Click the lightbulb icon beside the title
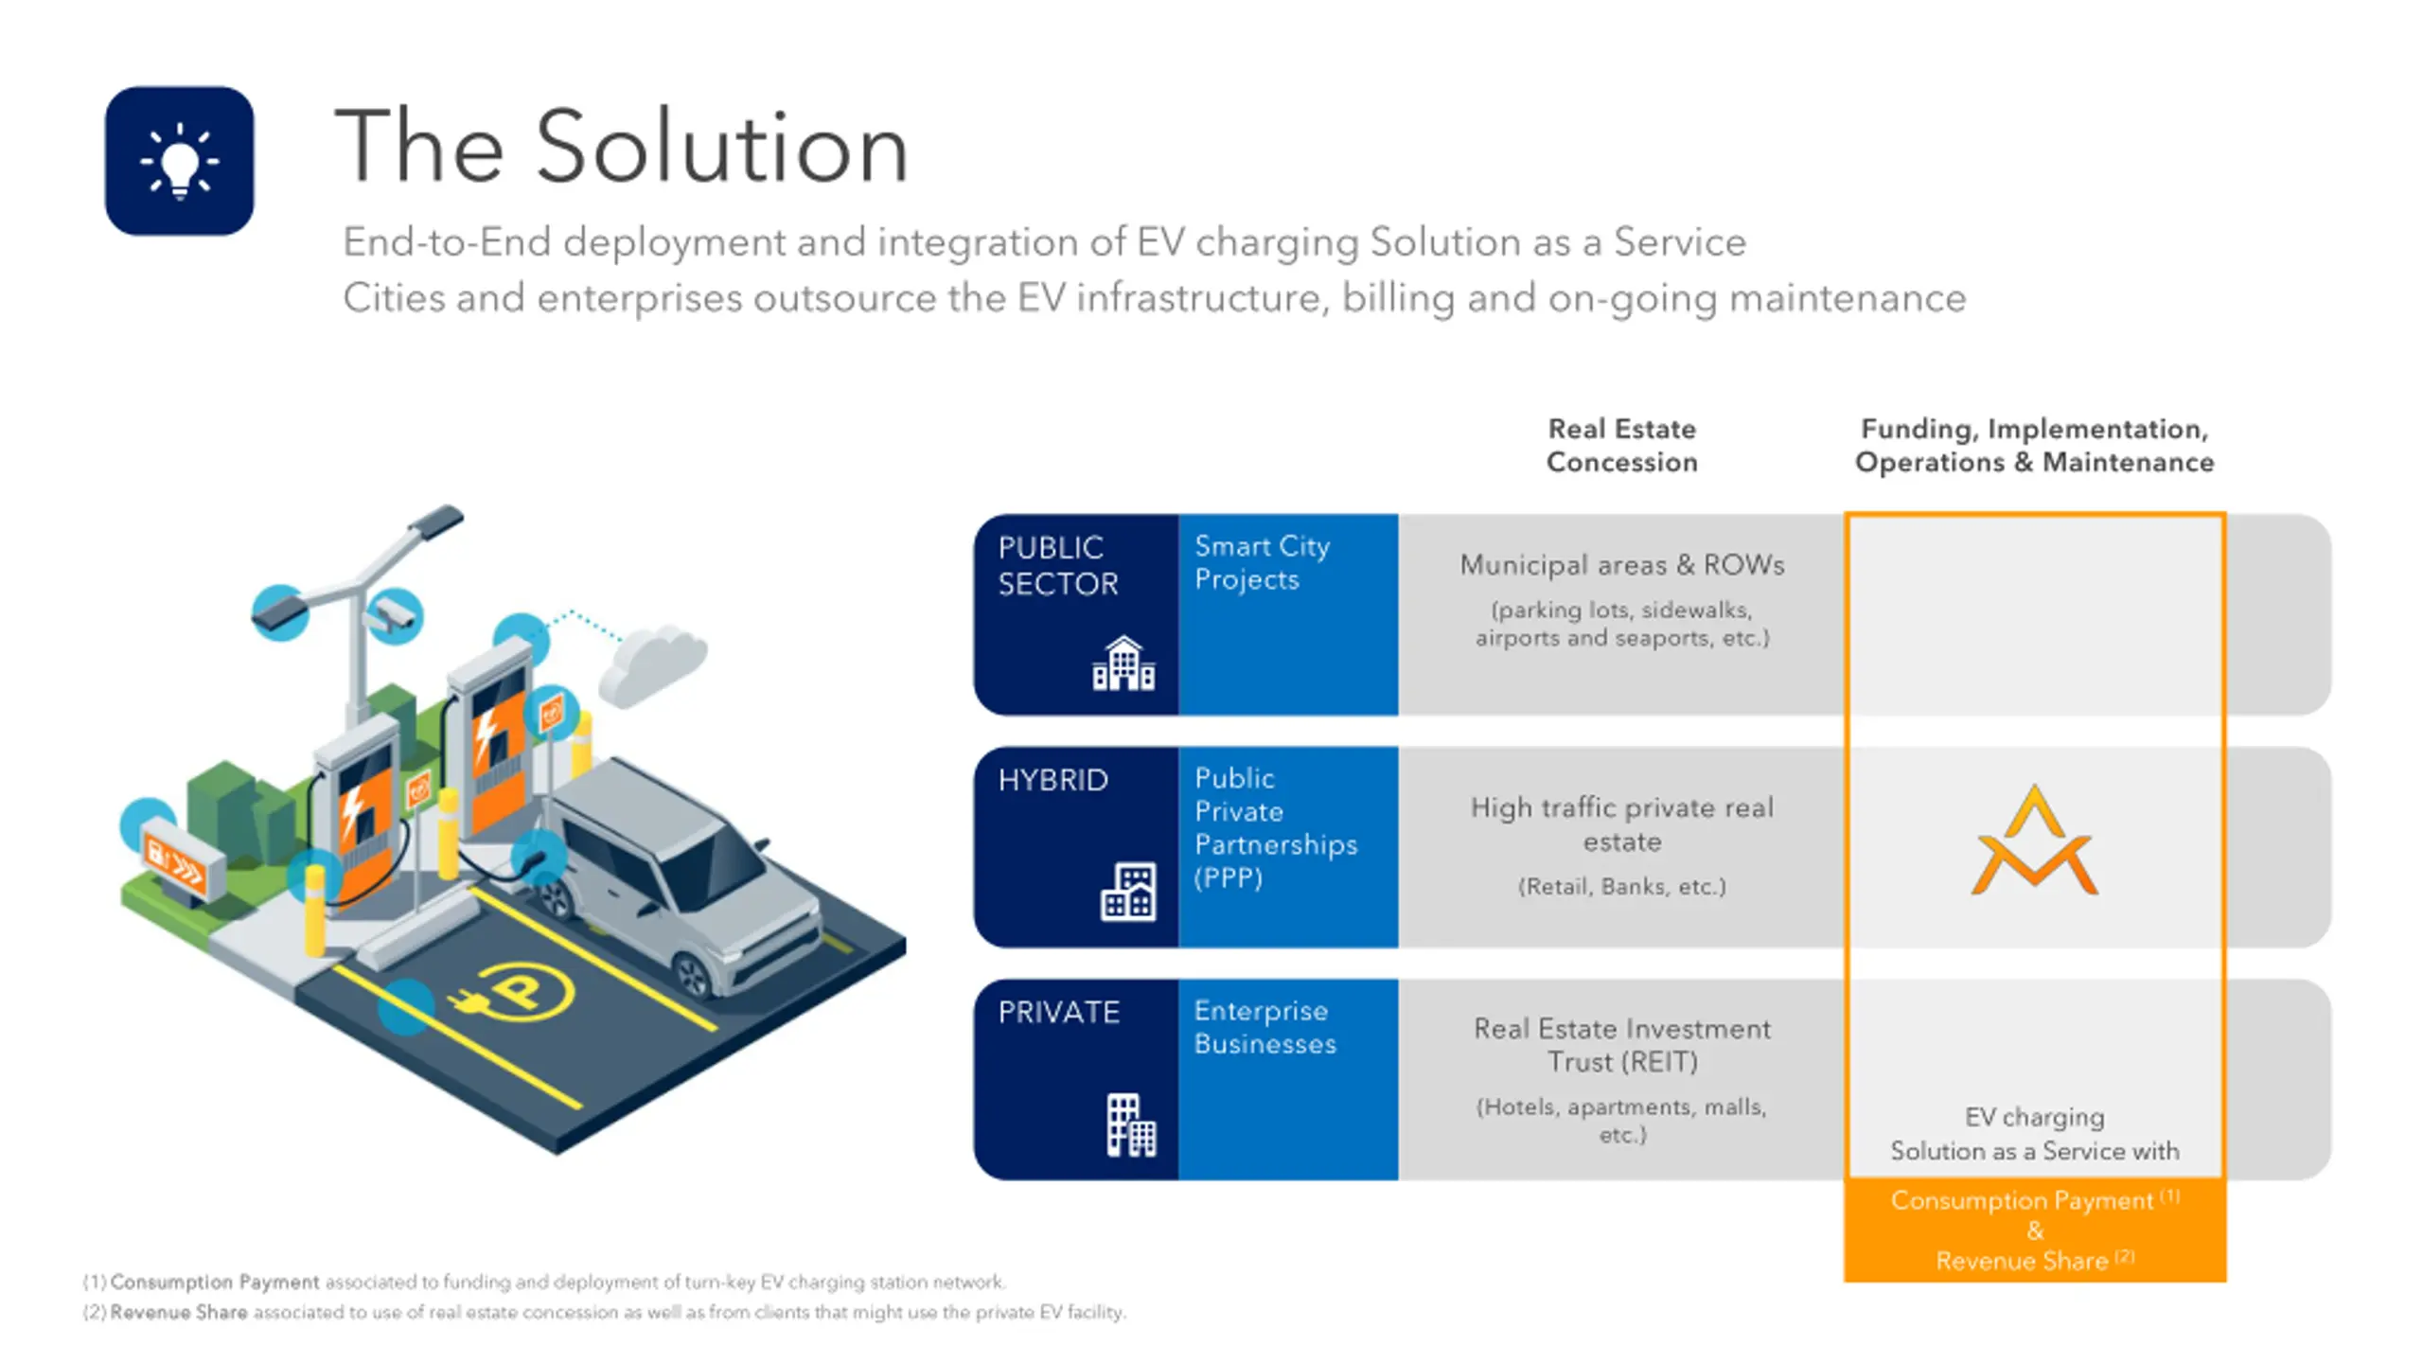pyautogui.click(x=179, y=161)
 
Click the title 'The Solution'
pyautogui.click(x=621, y=148)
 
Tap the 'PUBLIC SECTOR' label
pyautogui.click(x=1057, y=565)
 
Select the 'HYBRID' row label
pyautogui.click(x=1052, y=780)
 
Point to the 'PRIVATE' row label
pyautogui.click(x=1058, y=1012)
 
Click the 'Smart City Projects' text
pyautogui.click(x=1262, y=562)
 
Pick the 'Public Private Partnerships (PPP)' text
pyautogui.click(x=1275, y=827)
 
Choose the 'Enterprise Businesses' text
pyautogui.click(x=1265, y=1027)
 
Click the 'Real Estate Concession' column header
pyautogui.click(x=1621, y=445)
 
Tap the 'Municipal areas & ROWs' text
pyautogui.click(x=1621, y=565)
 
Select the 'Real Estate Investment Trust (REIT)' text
pyautogui.click(x=1621, y=1045)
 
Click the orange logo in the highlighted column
pyautogui.click(x=2034, y=841)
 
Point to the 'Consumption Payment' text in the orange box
pyautogui.click(x=2022, y=1200)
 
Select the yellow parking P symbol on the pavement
pyautogui.click(x=518, y=991)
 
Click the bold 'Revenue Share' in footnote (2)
pyautogui.click(x=179, y=1312)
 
